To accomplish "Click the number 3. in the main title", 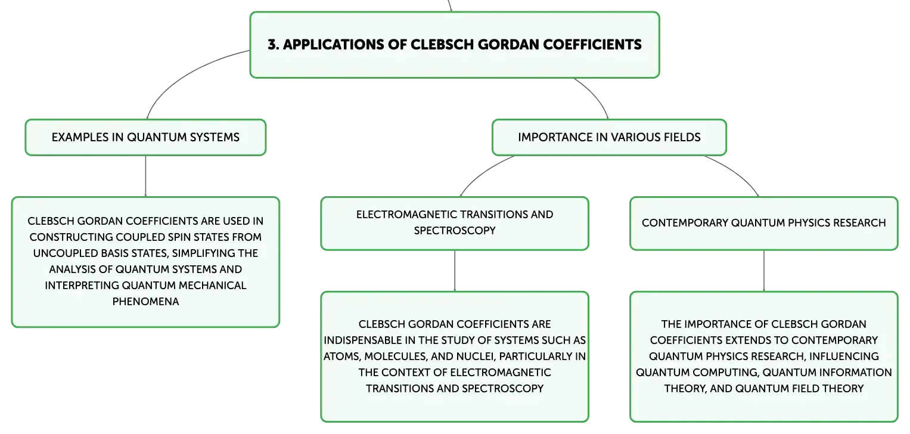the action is click(x=274, y=45).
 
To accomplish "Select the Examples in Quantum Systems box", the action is click(x=145, y=137).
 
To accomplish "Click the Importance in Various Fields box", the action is click(x=609, y=137).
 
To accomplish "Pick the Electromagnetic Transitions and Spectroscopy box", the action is click(x=455, y=224).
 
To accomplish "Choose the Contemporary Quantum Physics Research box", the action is click(x=764, y=224).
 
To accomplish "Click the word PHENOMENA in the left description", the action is click(x=145, y=302).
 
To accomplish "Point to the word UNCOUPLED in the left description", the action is click(x=66, y=253).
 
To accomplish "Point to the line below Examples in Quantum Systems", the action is click(x=145, y=176).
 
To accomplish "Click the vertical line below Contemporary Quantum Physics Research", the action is click(x=764, y=271).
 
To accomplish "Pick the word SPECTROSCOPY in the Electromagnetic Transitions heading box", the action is click(x=455, y=230).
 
